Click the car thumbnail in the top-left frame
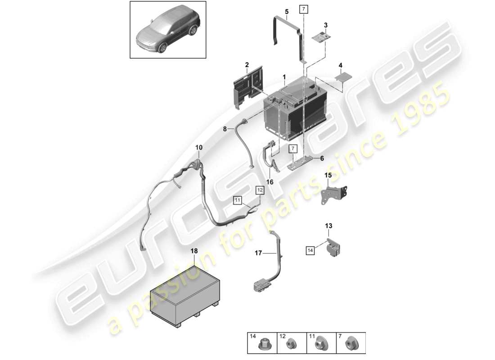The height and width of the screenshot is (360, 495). [168, 30]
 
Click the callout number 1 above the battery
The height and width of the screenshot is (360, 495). [284, 77]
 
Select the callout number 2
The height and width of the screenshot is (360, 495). [247, 66]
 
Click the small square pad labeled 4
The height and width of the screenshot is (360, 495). [343, 77]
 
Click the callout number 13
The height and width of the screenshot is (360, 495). [328, 225]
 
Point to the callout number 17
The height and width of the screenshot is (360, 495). [259, 254]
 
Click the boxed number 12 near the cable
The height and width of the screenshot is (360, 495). [260, 190]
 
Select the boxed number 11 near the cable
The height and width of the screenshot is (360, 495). [237, 200]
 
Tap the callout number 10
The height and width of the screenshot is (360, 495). [198, 147]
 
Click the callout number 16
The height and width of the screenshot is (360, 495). [270, 182]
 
